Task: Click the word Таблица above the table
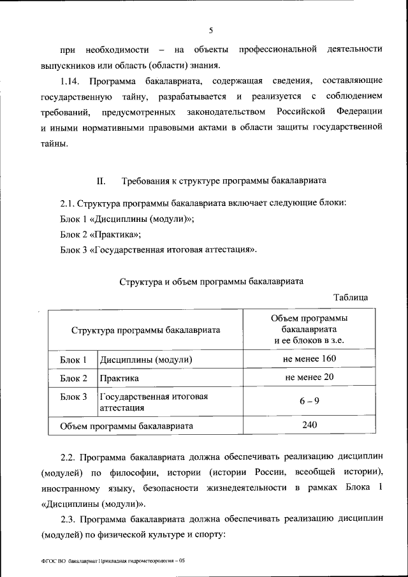pyautogui.click(x=351, y=297)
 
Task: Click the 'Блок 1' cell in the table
pyautogui.click(x=73, y=360)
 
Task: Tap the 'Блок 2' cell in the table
pyautogui.click(x=73, y=378)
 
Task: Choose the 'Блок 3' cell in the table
pyautogui.click(x=73, y=397)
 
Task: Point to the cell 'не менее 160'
pyautogui.click(x=309, y=359)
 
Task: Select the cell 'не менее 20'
pyautogui.click(x=309, y=377)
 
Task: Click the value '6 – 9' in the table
pyautogui.click(x=309, y=402)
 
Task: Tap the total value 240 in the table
pyautogui.click(x=309, y=425)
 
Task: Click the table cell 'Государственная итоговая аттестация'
pyautogui.click(x=154, y=402)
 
